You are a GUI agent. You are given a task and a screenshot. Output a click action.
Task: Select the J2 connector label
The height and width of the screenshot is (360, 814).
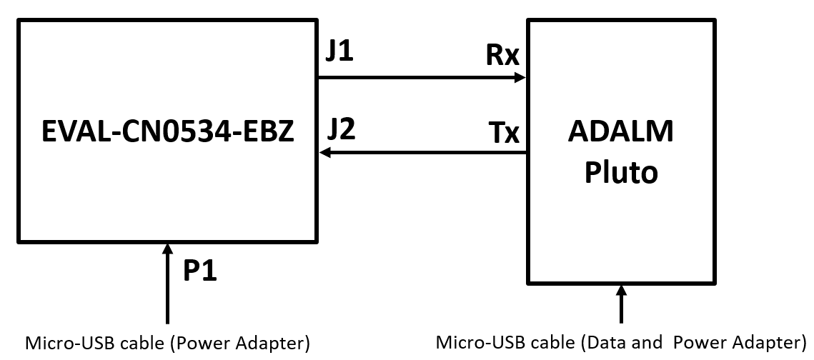point(342,129)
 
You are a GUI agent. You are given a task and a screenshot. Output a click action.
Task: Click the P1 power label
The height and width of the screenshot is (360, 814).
point(200,271)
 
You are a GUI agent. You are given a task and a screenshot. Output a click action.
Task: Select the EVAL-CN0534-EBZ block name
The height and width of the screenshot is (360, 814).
point(167,133)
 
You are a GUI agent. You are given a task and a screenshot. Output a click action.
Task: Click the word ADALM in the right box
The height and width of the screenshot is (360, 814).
point(620,132)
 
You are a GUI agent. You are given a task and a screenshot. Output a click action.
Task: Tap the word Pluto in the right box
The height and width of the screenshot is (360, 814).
point(620,172)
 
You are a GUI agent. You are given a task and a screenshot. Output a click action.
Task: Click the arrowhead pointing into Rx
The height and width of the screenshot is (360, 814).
point(521,79)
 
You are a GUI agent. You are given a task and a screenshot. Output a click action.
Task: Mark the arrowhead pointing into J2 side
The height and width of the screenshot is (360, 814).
point(325,152)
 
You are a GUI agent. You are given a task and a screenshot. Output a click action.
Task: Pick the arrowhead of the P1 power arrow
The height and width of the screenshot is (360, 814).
point(167,249)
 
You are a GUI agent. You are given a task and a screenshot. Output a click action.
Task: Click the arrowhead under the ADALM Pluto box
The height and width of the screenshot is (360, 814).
point(621,291)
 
